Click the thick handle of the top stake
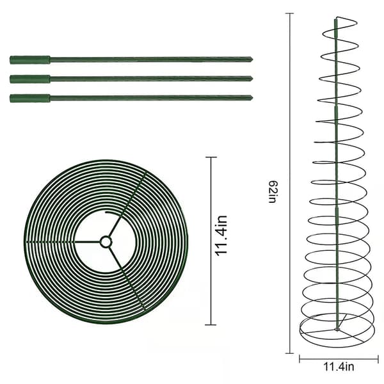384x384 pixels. coord(30,60)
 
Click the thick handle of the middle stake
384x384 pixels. coord(30,79)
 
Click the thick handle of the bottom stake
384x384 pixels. coord(30,98)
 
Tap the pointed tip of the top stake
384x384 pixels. coord(252,60)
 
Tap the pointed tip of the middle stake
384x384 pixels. coord(252,79)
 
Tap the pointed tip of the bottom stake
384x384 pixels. coord(252,98)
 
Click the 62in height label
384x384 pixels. coord(273,192)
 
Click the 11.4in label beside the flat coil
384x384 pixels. coord(221,236)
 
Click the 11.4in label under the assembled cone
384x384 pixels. coord(339,367)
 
